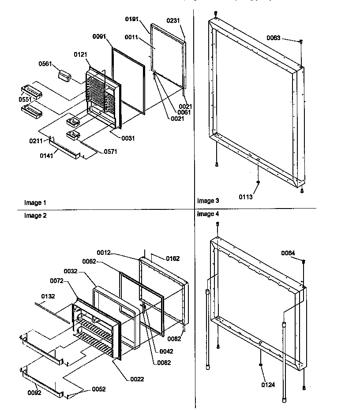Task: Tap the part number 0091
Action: click(99, 37)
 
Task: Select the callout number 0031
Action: click(128, 138)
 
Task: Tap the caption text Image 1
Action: click(35, 203)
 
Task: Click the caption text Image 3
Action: click(208, 201)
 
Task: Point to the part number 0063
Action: click(273, 38)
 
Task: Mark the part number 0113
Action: click(247, 197)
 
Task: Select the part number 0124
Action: click(268, 385)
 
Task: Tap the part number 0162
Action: click(172, 259)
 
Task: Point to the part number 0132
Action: click(49, 296)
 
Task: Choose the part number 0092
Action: click(34, 393)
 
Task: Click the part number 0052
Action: click(98, 389)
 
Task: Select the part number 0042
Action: click(167, 351)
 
